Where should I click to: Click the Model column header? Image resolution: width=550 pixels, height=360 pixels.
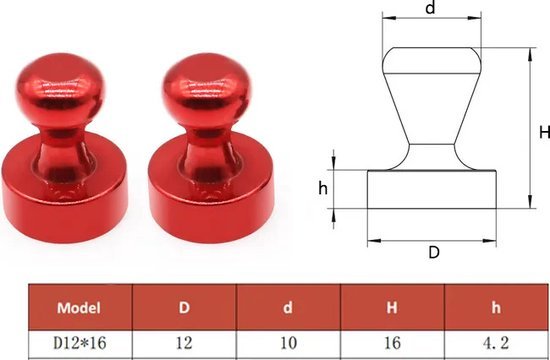pyautogui.click(x=79, y=308)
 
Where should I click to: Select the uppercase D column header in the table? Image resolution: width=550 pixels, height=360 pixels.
pyautogui.click(x=184, y=308)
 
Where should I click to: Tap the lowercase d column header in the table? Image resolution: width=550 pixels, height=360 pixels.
pyautogui.click(x=288, y=308)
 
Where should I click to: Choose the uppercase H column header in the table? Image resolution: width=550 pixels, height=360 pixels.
pyautogui.click(x=392, y=308)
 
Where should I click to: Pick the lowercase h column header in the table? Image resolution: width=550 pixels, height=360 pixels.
pyautogui.click(x=496, y=308)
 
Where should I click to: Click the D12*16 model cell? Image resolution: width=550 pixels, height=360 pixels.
pyautogui.click(x=80, y=343)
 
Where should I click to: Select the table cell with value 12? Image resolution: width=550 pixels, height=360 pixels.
pyautogui.click(x=184, y=343)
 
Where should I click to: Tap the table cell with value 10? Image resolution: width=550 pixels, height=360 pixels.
pyautogui.click(x=288, y=343)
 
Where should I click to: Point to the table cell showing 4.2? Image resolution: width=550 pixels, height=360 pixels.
pyautogui.click(x=496, y=343)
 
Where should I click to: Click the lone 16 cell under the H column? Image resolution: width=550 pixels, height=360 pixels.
pyautogui.click(x=392, y=343)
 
